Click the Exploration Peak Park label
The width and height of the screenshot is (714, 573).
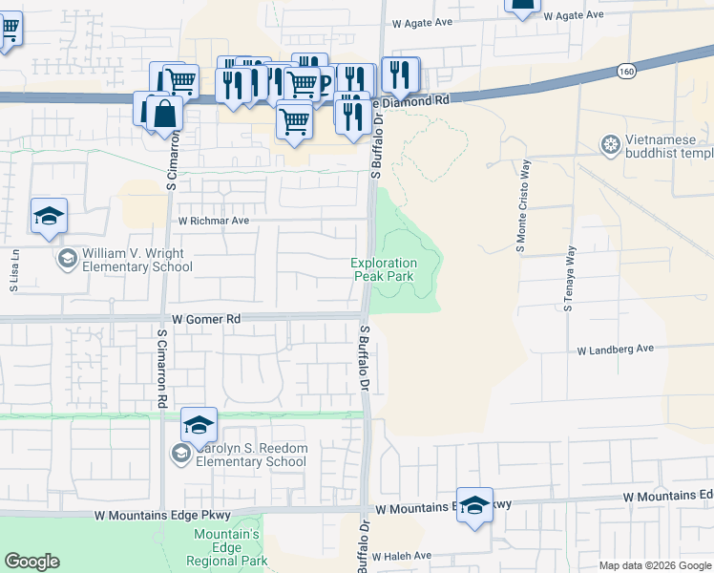click(x=384, y=269)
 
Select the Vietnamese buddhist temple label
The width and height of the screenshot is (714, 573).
click(x=669, y=146)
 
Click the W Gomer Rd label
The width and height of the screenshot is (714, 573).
click(x=207, y=318)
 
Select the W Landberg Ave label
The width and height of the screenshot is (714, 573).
click(x=616, y=350)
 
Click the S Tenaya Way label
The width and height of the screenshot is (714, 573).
click(x=570, y=279)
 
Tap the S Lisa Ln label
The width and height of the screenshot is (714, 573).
click(x=14, y=269)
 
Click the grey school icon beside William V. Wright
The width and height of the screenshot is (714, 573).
click(x=68, y=258)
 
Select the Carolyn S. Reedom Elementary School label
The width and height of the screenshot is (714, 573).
click(x=251, y=456)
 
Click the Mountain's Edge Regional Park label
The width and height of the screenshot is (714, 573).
click(x=228, y=547)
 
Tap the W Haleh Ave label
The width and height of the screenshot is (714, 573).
click(x=402, y=556)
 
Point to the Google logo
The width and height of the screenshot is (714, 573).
click(x=31, y=562)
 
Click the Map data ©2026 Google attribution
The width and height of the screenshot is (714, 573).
click(x=655, y=565)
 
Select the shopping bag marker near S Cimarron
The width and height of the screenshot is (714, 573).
click(x=165, y=114)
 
